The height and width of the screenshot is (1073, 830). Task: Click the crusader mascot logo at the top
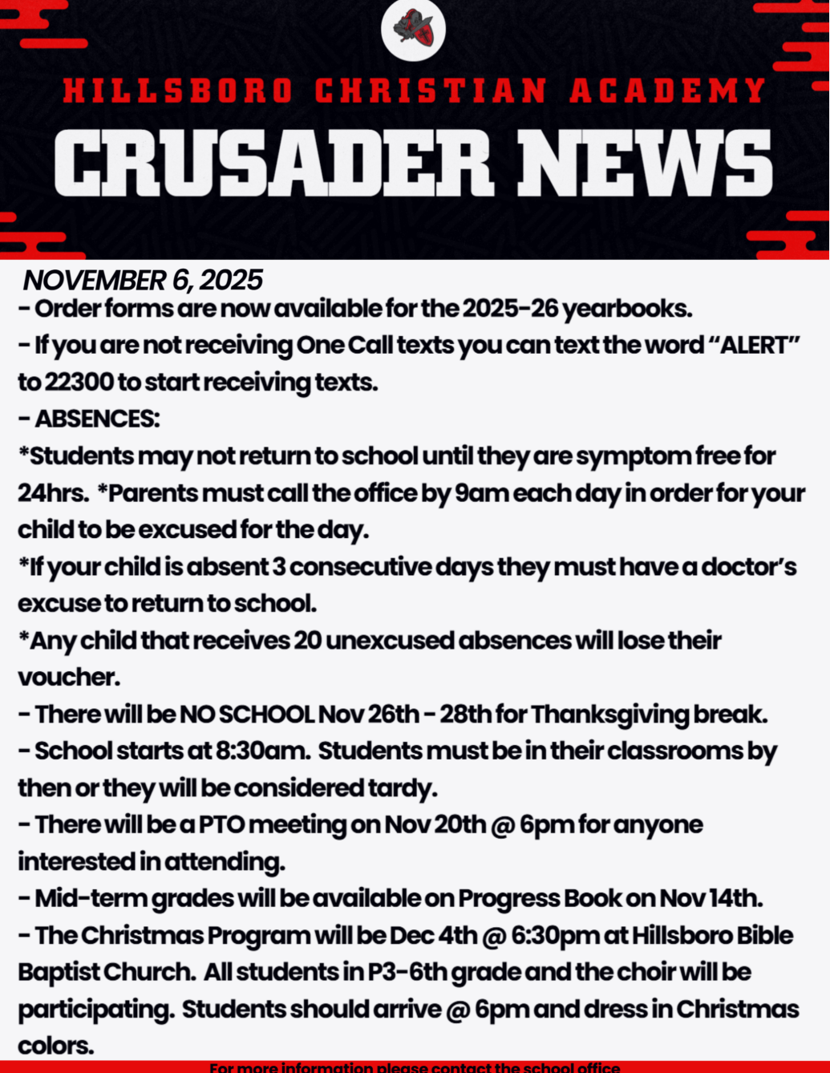413,30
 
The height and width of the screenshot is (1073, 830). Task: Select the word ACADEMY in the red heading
667,91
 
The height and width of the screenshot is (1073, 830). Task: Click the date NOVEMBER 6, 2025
143,280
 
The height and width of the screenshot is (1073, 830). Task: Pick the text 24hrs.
51,492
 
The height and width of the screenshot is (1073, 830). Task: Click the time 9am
481,492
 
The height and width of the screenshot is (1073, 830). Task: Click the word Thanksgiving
608,714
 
